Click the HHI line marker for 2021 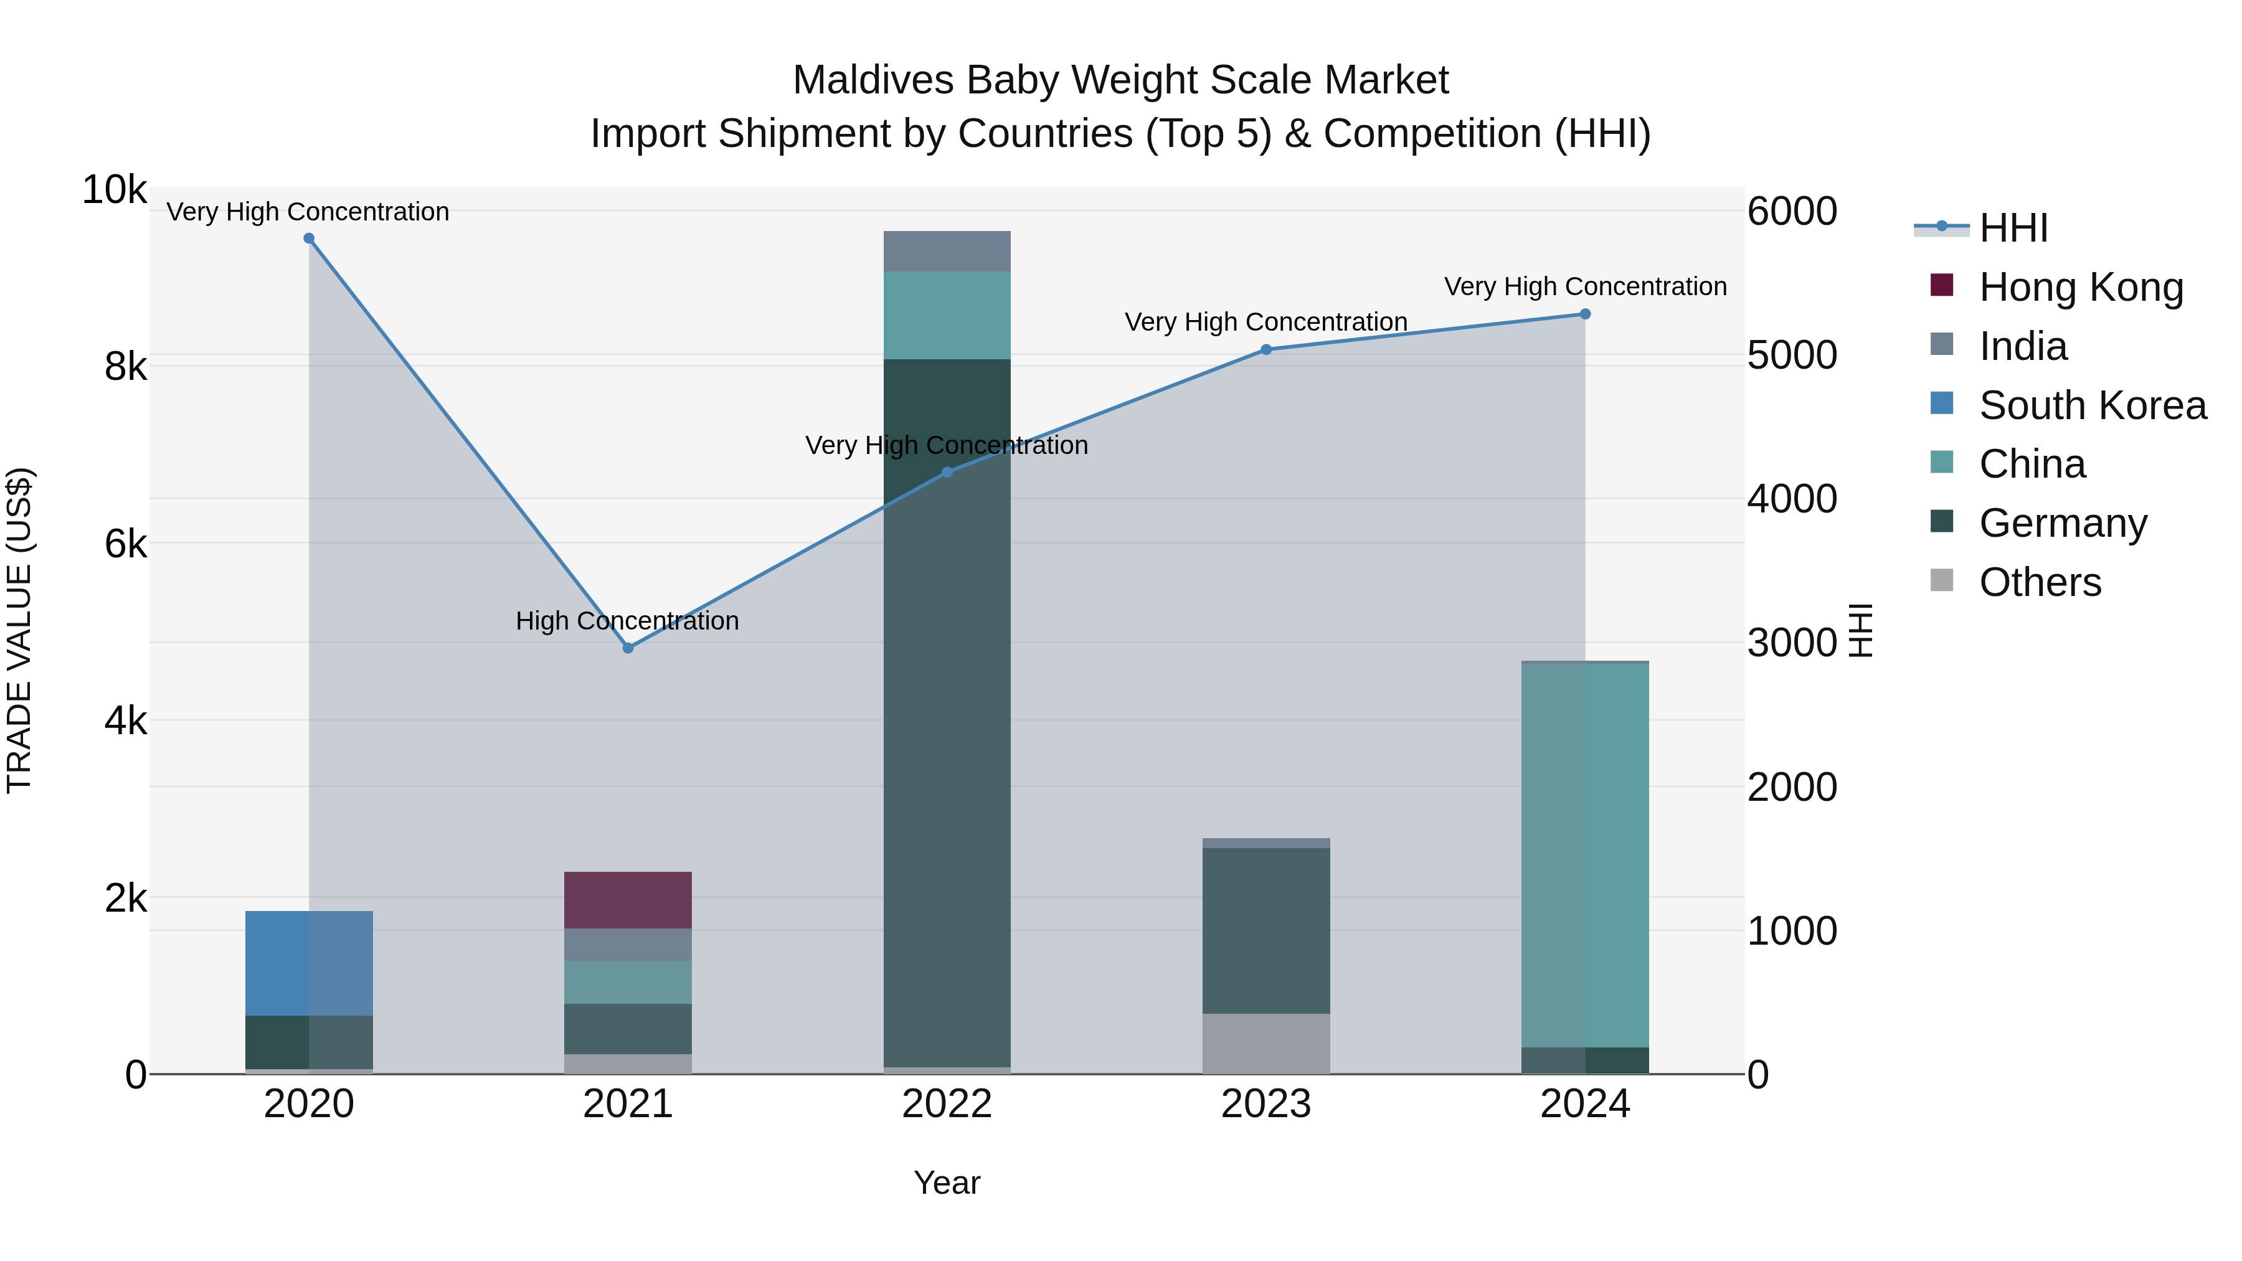628,648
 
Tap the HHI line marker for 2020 309,239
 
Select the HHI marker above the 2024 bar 1585,314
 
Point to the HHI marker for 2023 1266,350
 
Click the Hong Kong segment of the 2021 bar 628,900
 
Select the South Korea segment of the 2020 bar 309,963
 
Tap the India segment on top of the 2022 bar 947,252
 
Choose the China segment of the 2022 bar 947,315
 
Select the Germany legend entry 2063,523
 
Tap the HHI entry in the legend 2012,229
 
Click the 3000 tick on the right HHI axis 1791,643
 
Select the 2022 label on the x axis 947,1104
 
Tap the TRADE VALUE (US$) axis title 19,630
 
